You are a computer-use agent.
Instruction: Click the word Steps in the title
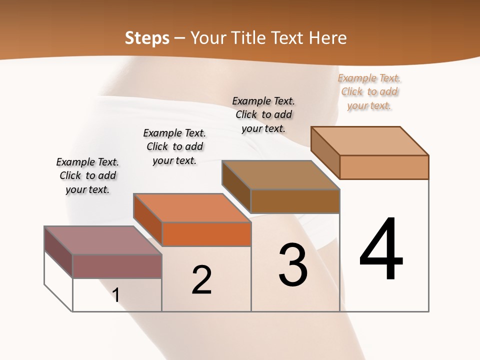tap(147, 38)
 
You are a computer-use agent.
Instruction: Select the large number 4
tap(381, 250)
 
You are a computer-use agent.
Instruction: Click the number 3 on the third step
tap(293, 265)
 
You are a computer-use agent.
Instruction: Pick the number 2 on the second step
tap(201, 280)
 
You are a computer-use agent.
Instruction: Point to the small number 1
tap(116, 295)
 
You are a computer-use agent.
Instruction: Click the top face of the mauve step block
tap(102, 240)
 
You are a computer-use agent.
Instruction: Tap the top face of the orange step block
tap(191, 207)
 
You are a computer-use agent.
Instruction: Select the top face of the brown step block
tap(280, 175)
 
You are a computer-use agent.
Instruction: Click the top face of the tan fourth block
tap(369, 141)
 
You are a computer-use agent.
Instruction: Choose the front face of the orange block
tap(206, 234)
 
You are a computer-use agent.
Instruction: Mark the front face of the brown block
tap(295, 201)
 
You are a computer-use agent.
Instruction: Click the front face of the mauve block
tap(117, 266)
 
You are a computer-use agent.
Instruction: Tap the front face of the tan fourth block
tap(384, 167)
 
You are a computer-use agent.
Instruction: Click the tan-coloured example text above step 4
tap(369, 91)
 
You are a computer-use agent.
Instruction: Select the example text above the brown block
tap(263, 114)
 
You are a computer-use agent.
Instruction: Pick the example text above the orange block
tap(174, 146)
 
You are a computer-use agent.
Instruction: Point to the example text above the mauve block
tap(87, 175)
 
